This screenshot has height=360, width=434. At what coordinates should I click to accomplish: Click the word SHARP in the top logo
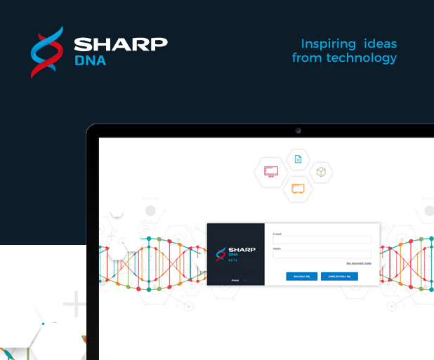(121, 44)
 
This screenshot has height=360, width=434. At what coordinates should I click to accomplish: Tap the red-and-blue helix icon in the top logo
(47, 51)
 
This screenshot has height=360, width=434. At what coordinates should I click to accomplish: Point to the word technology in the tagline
(362, 58)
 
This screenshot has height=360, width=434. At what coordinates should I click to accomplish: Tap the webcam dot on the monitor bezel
(298, 131)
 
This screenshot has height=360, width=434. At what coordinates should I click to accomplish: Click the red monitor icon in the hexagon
(271, 171)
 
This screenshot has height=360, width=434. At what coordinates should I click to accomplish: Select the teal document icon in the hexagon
(298, 159)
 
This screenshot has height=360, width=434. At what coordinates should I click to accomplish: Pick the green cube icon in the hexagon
(320, 172)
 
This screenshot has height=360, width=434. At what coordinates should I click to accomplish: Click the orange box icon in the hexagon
(298, 188)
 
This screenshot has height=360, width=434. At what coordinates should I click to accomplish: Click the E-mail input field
(322, 239)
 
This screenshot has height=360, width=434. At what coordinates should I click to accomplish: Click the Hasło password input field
(322, 254)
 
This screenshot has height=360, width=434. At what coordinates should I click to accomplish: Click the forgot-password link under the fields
(358, 263)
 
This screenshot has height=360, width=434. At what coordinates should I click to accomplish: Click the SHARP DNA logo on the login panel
(235, 251)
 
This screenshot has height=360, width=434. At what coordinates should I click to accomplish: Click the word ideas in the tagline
(380, 43)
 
